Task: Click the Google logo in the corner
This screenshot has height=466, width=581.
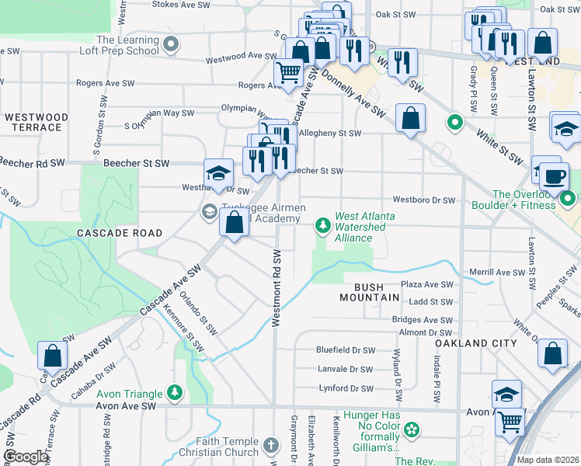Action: click(26, 457)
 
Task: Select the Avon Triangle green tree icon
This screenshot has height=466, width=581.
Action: click(177, 393)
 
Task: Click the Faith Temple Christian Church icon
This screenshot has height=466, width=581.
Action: click(270, 446)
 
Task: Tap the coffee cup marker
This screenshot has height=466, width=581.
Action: click(555, 176)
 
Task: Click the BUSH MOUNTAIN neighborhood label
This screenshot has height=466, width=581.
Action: click(370, 292)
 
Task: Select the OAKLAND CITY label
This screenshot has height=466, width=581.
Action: click(464, 343)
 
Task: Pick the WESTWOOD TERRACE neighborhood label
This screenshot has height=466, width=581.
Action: click(37, 122)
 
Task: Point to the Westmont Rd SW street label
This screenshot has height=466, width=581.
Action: click(276, 287)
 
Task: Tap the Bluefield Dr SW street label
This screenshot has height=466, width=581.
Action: click(346, 350)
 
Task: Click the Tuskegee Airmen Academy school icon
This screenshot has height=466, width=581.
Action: click(209, 211)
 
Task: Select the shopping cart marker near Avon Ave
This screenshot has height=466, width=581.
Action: click(510, 423)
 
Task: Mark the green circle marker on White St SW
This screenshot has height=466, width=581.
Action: click(455, 123)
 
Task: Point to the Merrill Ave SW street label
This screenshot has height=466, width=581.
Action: click(497, 273)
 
